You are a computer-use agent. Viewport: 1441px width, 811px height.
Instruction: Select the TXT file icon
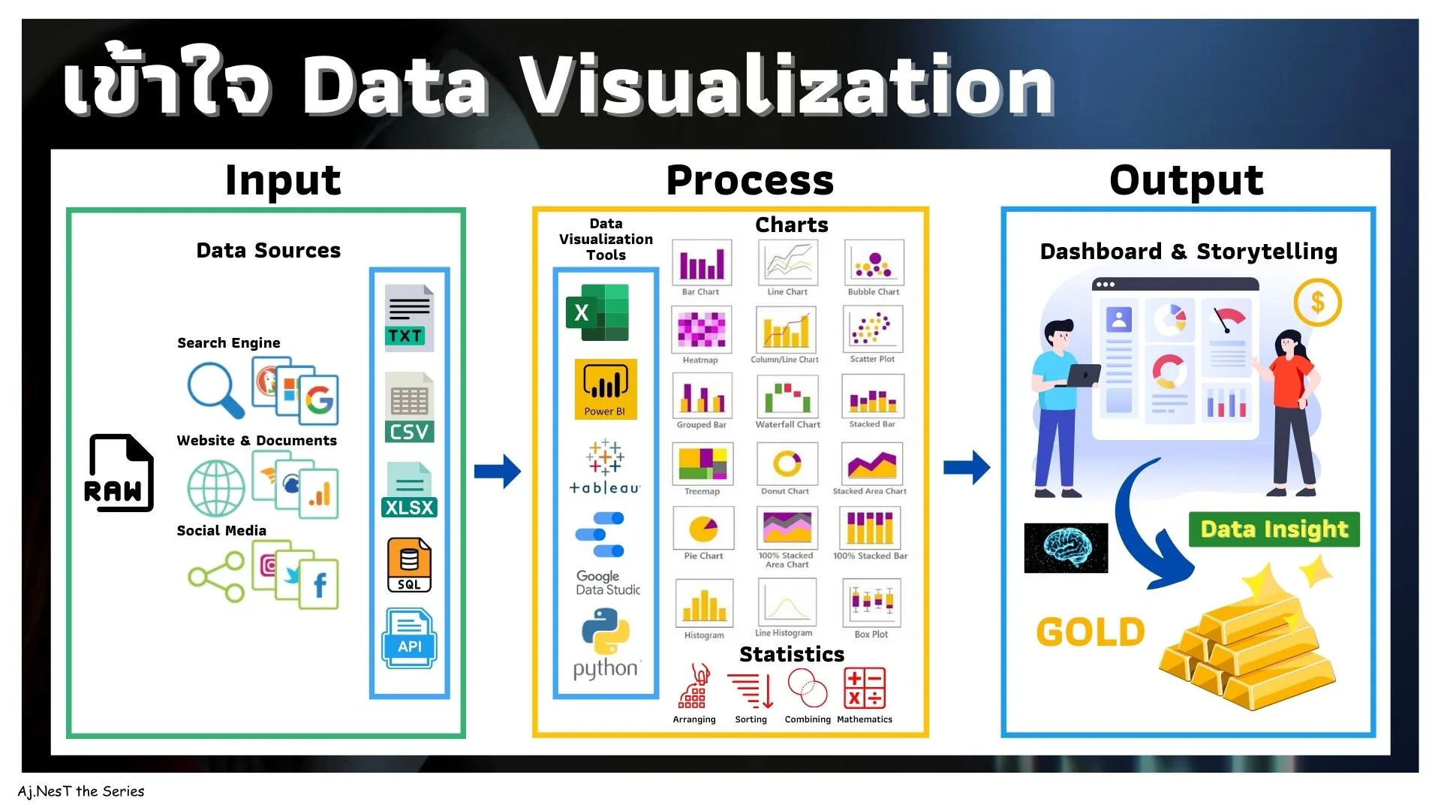coord(409,318)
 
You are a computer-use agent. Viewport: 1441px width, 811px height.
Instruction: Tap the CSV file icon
coord(409,408)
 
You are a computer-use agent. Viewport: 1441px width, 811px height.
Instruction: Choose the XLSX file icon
coord(409,490)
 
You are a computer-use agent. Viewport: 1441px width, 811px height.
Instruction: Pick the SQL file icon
coord(409,565)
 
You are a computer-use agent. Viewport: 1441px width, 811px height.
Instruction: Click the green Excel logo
coord(597,312)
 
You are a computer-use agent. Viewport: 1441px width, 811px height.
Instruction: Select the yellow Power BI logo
coord(606,389)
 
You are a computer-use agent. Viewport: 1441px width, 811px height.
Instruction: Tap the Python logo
coord(605,632)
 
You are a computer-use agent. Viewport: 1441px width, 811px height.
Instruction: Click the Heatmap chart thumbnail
coord(701,329)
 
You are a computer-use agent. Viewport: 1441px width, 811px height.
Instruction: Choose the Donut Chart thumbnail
coord(787,463)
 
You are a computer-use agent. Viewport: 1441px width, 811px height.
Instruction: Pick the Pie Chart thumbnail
coord(703,528)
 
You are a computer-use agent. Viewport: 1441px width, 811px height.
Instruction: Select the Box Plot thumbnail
coord(871,601)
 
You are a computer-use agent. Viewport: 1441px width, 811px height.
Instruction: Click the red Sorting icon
coord(751,689)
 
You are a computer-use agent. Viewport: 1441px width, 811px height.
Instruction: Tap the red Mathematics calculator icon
coord(865,688)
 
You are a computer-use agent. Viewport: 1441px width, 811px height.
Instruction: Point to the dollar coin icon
coord(1317,303)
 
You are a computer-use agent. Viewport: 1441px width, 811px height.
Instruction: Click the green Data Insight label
coord(1274,529)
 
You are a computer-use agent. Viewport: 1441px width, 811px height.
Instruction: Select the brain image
coord(1066,548)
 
